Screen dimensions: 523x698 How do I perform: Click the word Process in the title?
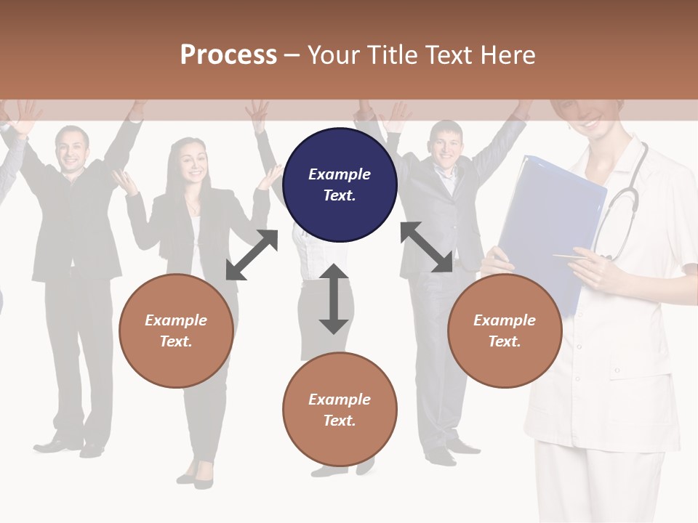228,54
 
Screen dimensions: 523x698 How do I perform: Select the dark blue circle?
340,185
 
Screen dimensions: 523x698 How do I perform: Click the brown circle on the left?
176,331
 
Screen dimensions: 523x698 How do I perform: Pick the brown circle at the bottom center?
340,409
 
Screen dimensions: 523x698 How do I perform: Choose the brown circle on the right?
505,331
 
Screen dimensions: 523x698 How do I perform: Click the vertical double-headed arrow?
334,299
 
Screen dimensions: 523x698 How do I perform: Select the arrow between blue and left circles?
252,255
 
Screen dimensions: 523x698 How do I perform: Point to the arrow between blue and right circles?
426,247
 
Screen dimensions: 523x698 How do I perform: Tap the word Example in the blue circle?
340,174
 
